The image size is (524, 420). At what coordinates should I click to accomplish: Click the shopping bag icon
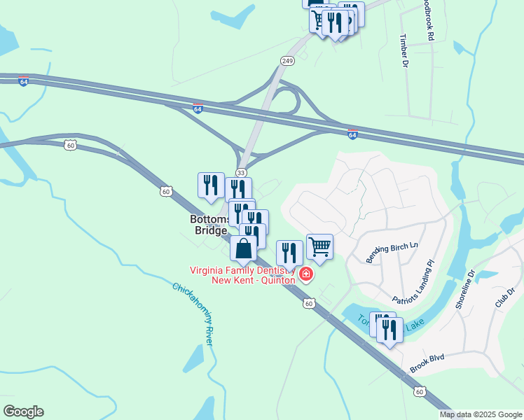(243, 249)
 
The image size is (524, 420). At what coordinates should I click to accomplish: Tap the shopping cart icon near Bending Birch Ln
(319, 246)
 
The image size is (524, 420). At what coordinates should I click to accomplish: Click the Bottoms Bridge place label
(209, 225)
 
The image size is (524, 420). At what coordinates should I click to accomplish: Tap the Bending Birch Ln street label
(392, 251)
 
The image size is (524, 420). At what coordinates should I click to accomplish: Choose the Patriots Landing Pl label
(413, 287)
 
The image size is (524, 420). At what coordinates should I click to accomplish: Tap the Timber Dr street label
(404, 50)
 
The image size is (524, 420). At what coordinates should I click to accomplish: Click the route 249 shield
(287, 61)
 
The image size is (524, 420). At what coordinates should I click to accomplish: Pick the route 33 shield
(241, 172)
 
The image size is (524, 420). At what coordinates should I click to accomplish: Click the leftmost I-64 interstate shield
(24, 81)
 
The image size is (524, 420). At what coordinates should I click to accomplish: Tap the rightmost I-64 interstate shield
(352, 133)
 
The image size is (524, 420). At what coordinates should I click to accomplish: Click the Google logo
(23, 412)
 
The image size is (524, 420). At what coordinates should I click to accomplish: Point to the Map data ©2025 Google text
(481, 414)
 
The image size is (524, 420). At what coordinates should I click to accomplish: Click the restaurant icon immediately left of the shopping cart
(289, 253)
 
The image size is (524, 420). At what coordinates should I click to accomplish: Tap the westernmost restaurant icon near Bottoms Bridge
(211, 185)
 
